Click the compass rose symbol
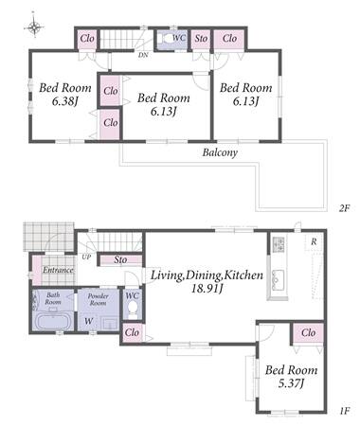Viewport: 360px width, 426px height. pos(34,27)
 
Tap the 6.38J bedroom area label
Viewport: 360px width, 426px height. pos(64,101)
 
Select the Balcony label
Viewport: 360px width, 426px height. pos(220,153)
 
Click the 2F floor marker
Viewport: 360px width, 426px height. pos(345,208)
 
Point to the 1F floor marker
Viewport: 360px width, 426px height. pos(345,411)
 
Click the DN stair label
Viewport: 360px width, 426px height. pos(143,55)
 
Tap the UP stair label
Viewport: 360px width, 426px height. pos(86,257)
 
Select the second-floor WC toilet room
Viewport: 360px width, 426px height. pos(172,40)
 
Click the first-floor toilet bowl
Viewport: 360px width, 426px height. pos(133,308)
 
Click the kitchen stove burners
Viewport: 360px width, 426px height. pos(279,244)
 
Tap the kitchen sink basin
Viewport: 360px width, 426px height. pos(278,277)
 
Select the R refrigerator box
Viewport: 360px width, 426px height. pos(314,242)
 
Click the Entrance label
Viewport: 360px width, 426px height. pos(58,270)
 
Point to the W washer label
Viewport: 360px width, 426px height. pos(89,321)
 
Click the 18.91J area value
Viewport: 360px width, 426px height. pos(207,289)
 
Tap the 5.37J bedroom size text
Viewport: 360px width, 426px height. pos(291,383)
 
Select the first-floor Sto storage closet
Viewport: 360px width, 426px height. pos(121,260)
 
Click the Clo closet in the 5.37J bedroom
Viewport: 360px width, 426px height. pos(308,333)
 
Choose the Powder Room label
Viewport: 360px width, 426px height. pos(98,299)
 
